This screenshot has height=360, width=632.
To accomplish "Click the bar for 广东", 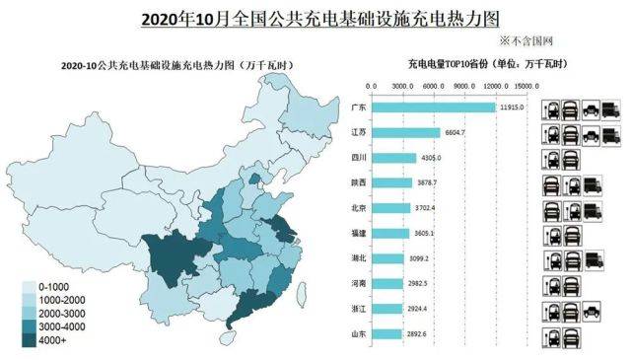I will [x=434, y=107].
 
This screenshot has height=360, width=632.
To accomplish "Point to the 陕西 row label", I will [x=359, y=183].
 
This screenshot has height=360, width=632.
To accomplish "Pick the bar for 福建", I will [x=390, y=234].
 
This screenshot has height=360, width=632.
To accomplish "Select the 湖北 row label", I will [x=359, y=258].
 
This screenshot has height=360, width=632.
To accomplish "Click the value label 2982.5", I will [x=418, y=284].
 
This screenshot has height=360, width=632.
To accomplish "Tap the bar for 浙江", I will [x=386, y=309].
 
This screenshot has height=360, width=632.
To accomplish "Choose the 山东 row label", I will [x=359, y=334].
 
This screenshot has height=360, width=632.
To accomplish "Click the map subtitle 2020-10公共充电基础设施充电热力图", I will [x=163, y=65].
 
